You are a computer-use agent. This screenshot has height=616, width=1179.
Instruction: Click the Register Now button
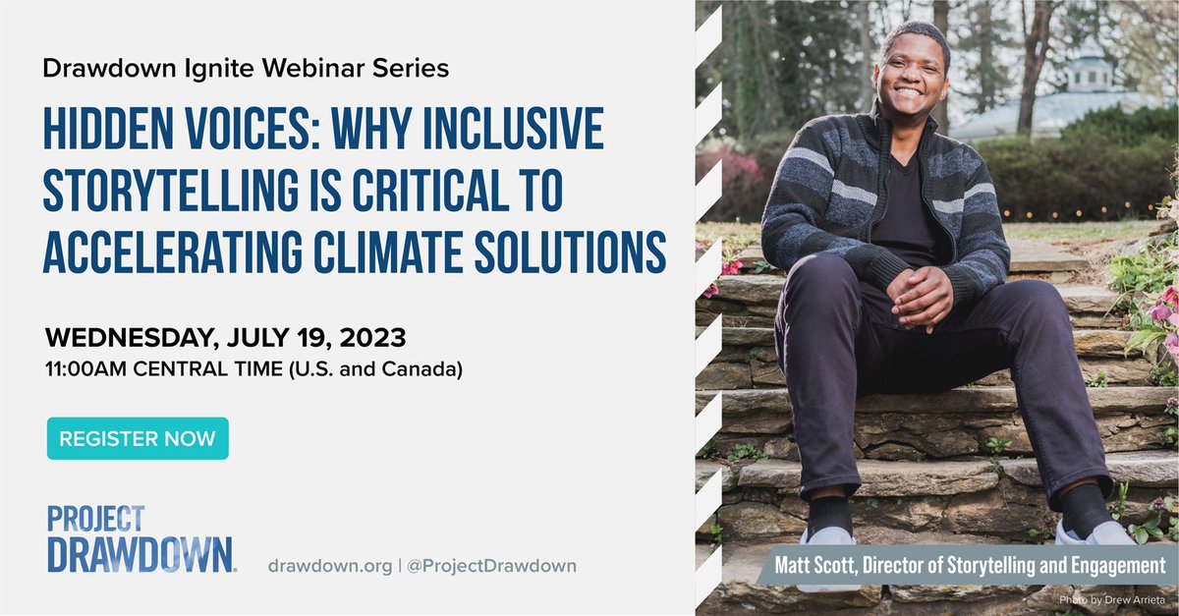(138, 439)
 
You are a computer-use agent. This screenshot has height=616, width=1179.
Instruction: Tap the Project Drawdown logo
(140, 539)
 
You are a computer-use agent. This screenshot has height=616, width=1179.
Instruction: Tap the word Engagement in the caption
(1118, 567)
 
